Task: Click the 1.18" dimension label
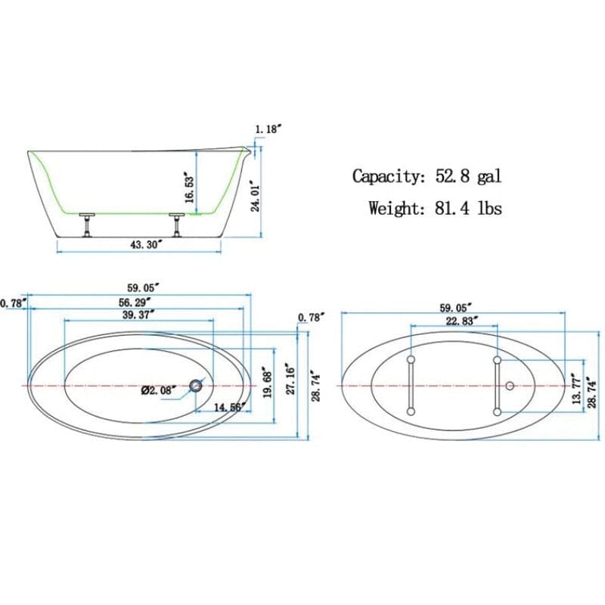tap(268, 129)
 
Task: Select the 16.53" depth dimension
tap(191, 185)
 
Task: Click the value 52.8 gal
tap(468, 176)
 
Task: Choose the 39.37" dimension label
tap(137, 314)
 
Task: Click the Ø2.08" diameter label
tap(159, 391)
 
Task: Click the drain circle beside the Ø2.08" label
tap(197, 386)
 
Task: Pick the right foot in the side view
tap(178, 225)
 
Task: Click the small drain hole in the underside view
tap(510, 386)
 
